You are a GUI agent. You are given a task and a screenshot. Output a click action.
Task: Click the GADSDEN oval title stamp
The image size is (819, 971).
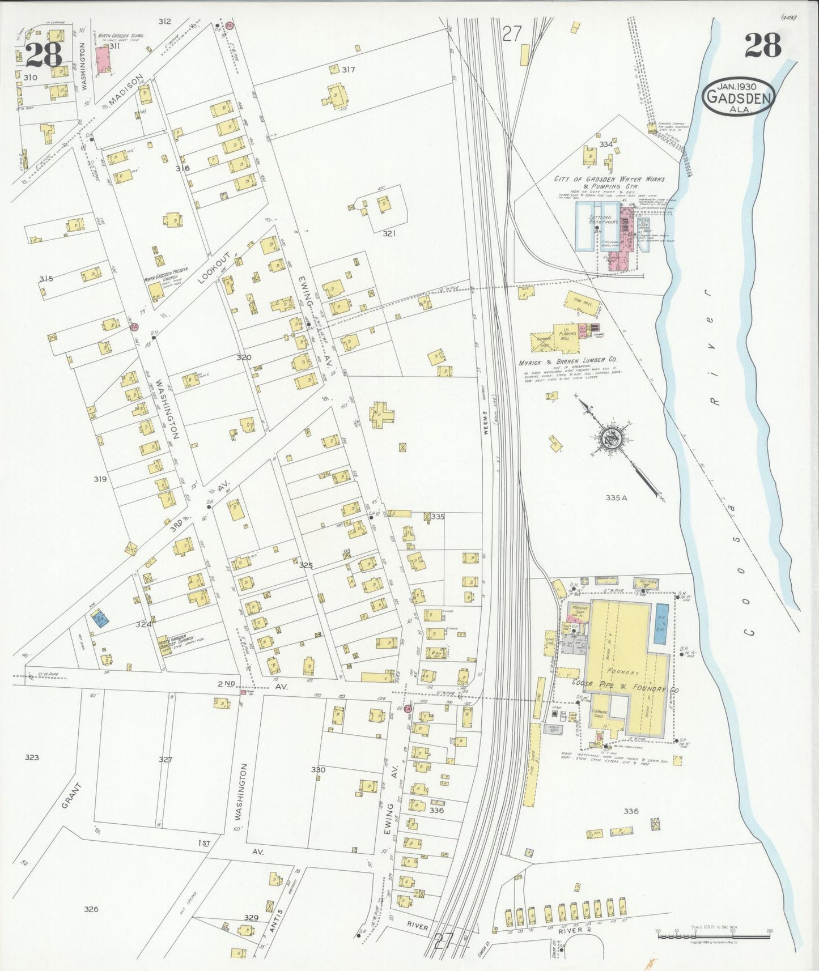(738, 98)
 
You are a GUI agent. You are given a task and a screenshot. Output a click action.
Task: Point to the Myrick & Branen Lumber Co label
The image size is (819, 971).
(567, 360)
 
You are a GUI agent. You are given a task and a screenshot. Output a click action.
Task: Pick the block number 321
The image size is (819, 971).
(388, 233)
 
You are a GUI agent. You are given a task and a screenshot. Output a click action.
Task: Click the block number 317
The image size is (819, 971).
(348, 70)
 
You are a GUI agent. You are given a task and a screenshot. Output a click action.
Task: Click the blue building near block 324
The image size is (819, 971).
(100, 619)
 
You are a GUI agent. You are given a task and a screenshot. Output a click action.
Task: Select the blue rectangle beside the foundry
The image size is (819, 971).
(661, 624)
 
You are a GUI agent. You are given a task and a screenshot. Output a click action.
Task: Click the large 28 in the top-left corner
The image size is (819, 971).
(44, 55)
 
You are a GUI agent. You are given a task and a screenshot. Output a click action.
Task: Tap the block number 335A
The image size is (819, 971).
(617, 498)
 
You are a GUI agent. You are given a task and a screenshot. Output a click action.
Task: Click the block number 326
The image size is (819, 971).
(91, 909)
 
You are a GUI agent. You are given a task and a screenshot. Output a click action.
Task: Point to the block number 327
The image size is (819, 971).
(165, 759)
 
